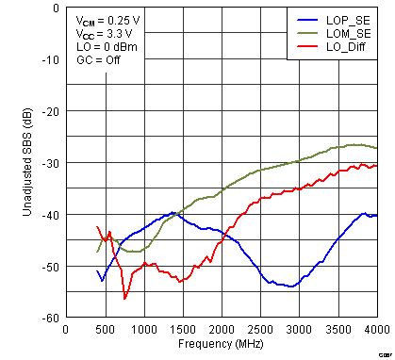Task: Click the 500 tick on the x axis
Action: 104,330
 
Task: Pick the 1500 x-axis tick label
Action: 182,330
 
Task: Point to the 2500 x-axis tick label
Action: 260,330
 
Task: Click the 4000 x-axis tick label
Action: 376,330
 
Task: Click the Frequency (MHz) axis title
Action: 221,344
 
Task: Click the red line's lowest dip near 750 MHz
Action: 124,298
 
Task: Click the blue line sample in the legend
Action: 305,18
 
